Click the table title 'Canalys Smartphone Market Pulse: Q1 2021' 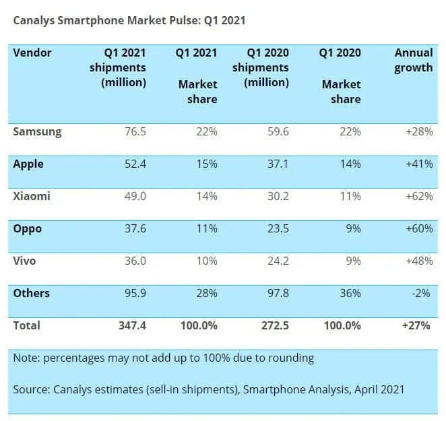129,20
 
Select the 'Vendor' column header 32,53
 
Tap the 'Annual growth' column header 414,60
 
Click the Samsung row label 37,132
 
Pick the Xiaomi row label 31,196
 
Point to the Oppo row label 28,228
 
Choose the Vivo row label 26,261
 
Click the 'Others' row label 31,293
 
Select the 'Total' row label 27,325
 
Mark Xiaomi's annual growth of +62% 418,197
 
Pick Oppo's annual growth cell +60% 418,229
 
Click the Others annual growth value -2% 422,294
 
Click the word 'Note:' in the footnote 26,358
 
